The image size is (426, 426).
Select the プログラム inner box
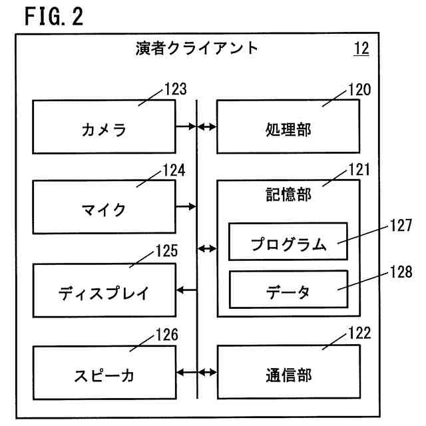click(x=288, y=242)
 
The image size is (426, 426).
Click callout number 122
click(x=358, y=334)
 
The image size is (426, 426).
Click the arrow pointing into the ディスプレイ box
click(x=187, y=290)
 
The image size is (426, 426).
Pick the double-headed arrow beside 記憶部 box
click(x=208, y=249)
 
